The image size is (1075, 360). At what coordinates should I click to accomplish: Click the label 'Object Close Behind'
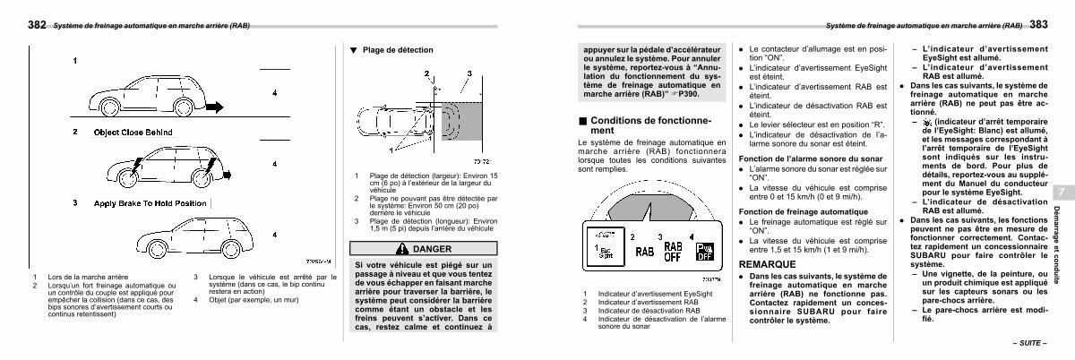133,132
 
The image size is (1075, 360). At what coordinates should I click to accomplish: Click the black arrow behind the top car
219,104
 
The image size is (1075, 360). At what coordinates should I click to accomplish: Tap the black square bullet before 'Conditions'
582,120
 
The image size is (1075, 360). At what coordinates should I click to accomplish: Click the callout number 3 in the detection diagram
469,73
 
